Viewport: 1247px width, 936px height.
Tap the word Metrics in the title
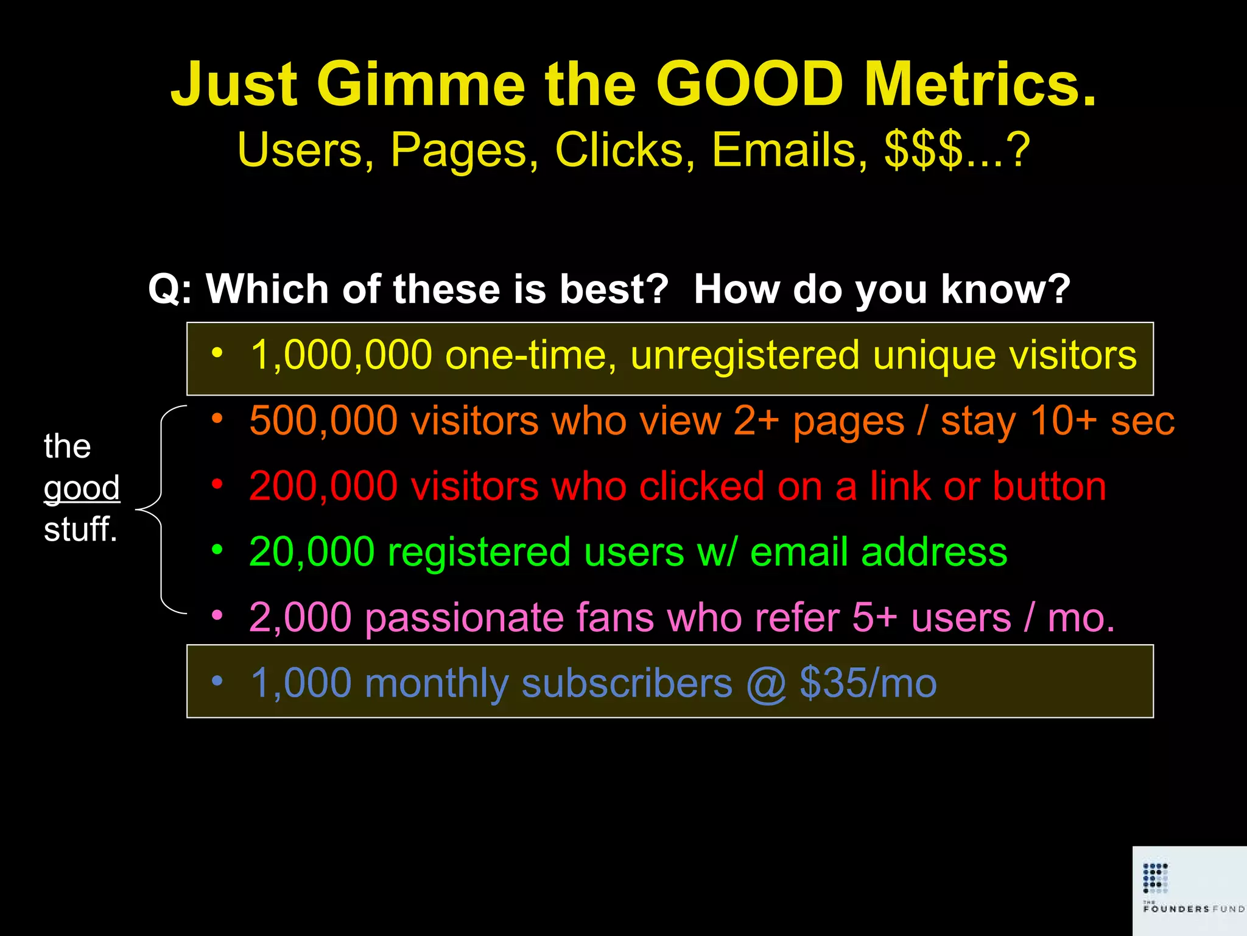980,84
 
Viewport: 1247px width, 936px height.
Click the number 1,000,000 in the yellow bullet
341,355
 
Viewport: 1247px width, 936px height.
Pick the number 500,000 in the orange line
323,420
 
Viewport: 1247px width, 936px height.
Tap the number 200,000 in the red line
323,486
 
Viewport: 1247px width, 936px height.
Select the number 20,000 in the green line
312,552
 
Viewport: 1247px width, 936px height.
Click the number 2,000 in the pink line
300,618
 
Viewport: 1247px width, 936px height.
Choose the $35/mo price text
868,683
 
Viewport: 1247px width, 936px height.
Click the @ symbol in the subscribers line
766,684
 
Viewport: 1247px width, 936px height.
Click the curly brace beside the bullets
157,509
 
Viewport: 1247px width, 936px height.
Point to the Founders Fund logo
1189,890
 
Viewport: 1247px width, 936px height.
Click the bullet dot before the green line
217,550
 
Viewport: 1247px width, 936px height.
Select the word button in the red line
1049,486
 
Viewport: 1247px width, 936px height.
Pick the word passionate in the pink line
464,618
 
